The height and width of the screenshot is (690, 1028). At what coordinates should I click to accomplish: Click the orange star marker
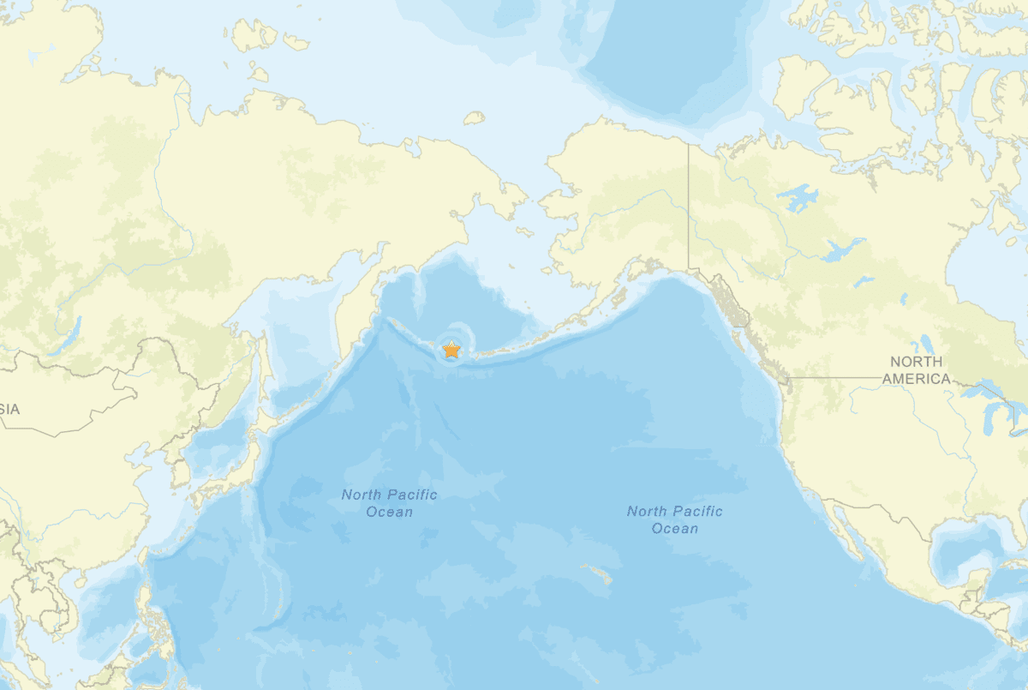(x=451, y=350)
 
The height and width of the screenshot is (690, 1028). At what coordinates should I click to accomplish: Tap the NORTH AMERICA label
(x=917, y=370)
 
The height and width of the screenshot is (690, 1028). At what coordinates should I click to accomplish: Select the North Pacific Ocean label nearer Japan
(x=389, y=503)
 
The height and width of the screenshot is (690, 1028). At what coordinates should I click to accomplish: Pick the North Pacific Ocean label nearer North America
(x=675, y=519)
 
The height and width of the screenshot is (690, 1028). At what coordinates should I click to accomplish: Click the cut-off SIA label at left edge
(x=9, y=410)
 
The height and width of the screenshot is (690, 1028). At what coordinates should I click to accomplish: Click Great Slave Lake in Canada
(x=836, y=250)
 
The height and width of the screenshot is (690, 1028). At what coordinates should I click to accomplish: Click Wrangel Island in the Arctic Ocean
(x=474, y=117)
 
